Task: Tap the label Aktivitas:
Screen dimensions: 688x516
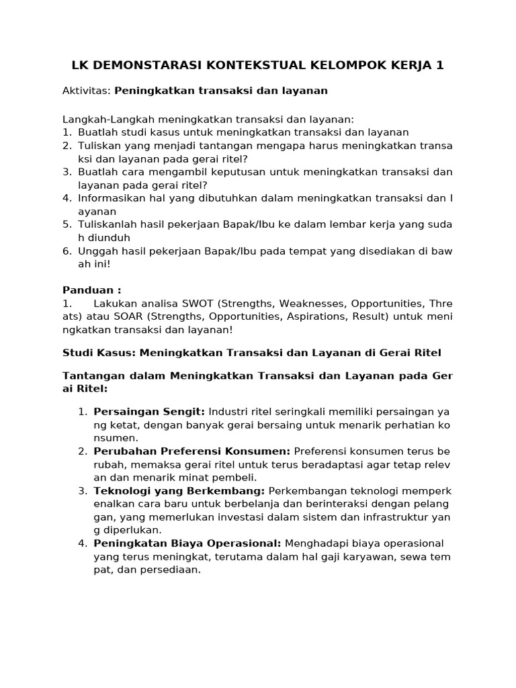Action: point(87,90)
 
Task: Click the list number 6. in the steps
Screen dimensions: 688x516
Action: point(67,251)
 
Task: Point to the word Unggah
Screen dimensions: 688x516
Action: point(96,251)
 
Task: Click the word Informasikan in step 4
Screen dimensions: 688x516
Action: point(111,198)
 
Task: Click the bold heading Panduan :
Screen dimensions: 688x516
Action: point(92,290)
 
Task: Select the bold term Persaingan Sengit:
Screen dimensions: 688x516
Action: point(150,412)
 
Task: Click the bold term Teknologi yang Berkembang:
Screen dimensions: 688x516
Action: point(179,490)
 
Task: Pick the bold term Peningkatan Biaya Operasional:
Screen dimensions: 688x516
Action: point(187,543)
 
